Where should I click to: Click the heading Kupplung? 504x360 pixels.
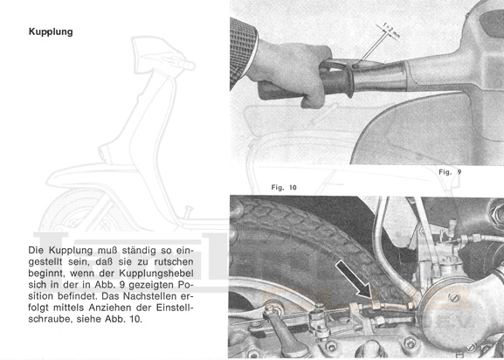51,31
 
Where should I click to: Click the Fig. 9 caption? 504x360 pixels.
450,172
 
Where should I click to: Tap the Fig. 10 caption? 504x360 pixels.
284,187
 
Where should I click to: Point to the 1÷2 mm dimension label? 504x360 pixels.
390,30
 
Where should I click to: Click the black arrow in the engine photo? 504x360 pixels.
354,279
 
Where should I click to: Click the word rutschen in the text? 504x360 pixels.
174,261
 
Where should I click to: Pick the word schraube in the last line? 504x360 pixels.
50,320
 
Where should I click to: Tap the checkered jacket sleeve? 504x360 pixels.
243,53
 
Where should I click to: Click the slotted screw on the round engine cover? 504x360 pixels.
454,297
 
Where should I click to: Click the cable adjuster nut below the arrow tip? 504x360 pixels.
376,304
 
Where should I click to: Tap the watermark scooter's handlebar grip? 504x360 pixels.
187,66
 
